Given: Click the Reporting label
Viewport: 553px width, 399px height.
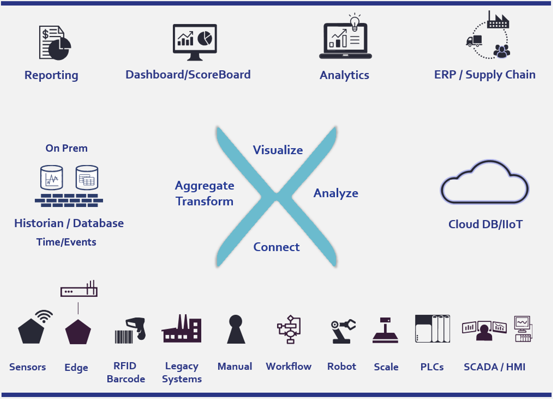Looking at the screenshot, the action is click(x=52, y=75).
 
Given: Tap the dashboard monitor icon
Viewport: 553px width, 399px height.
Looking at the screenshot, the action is click(x=195, y=42).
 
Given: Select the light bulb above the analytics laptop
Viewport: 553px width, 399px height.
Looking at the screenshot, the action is click(x=355, y=23).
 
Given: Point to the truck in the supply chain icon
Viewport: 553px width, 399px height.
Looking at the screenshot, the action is click(x=474, y=41).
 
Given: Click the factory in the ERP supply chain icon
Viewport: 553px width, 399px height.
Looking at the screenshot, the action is click(x=498, y=20).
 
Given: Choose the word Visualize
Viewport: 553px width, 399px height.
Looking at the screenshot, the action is click(x=278, y=150).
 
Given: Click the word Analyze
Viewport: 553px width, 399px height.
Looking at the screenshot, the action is click(x=336, y=193).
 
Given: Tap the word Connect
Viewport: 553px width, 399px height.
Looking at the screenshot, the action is click(x=276, y=247).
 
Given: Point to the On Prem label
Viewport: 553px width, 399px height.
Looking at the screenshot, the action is click(x=67, y=148).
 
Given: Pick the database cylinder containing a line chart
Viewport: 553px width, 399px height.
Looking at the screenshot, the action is click(x=52, y=178).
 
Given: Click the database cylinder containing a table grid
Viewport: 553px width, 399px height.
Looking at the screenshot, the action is click(x=87, y=178).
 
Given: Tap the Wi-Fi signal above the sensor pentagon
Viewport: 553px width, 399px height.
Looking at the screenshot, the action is click(x=44, y=316).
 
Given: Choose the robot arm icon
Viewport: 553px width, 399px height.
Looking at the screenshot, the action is click(x=343, y=331).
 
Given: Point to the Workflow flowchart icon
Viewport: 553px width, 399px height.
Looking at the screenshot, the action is click(x=289, y=329).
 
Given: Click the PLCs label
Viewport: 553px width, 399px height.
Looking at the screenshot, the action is click(x=432, y=367).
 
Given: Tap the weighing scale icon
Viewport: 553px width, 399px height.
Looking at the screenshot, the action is click(x=386, y=330).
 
